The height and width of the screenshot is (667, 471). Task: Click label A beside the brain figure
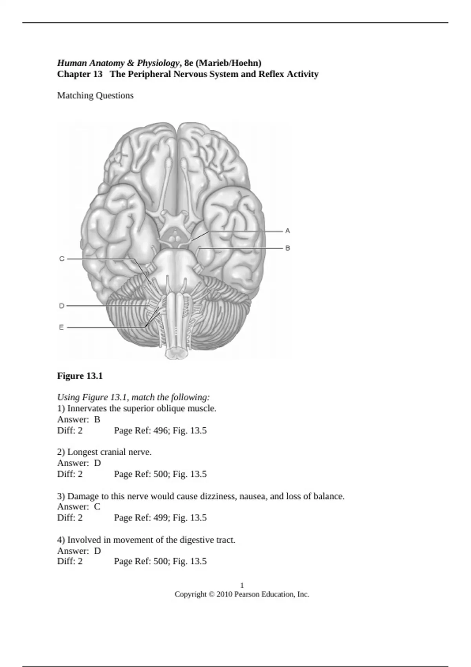tap(288, 231)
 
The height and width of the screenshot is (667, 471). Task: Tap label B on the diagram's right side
tap(288, 248)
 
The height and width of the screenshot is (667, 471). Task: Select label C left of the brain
tap(62, 259)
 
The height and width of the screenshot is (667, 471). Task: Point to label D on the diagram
tap(62, 306)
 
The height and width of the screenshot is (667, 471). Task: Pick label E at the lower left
tap(61, 327)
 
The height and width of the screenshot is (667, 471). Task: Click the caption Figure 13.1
tap(80, 376)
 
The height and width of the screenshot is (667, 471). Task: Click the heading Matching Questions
tap(95, 95)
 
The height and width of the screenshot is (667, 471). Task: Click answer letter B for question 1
tap(97, 419)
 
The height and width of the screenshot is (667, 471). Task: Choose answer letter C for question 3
tap(97, 507)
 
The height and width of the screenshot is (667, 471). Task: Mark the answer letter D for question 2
tap(97, 463)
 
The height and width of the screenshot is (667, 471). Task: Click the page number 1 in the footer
tap(242, 585)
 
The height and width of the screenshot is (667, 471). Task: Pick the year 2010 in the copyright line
tap(224, 594)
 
